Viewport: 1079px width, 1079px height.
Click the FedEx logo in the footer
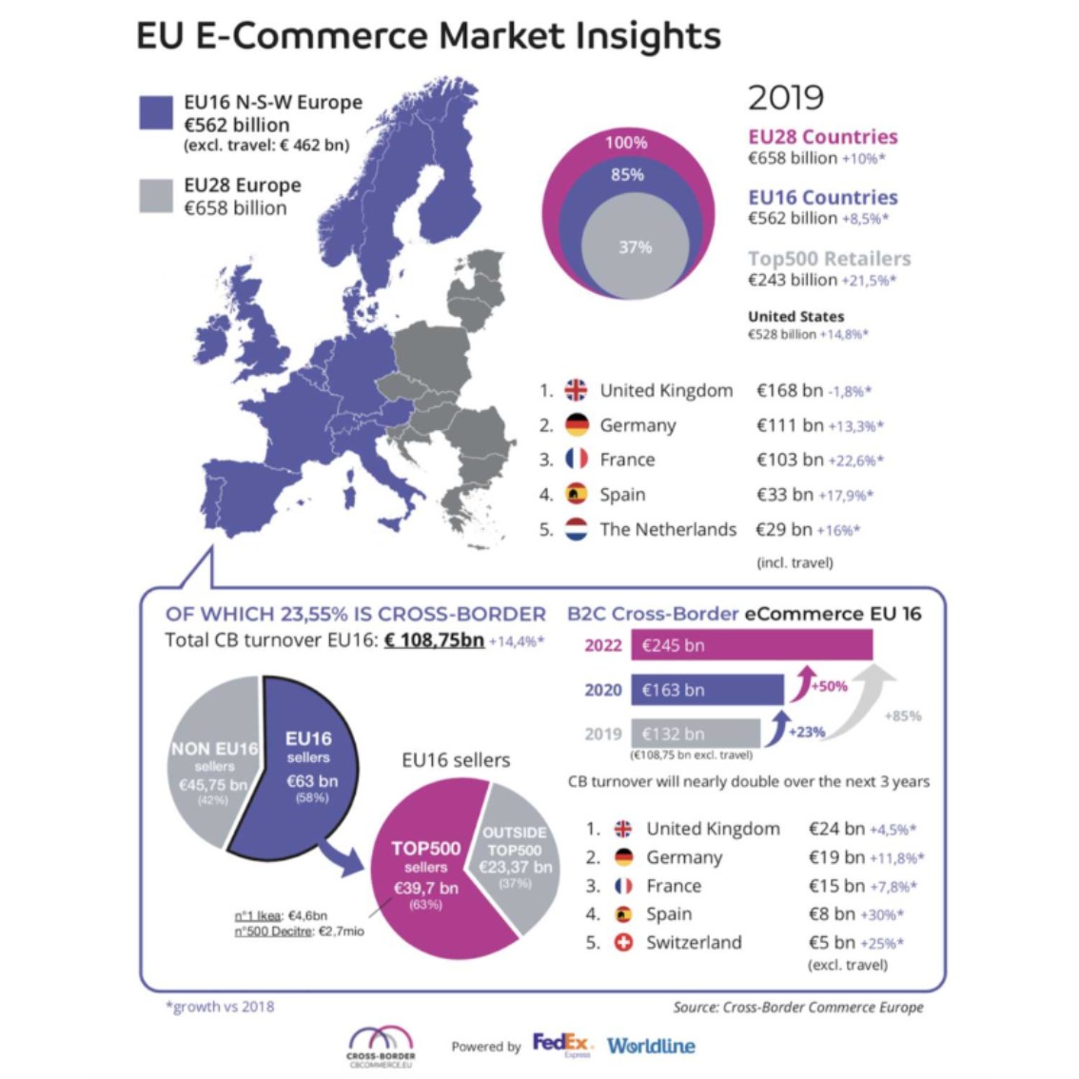click(561, 1044)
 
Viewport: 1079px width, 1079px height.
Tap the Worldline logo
click(651, 1046)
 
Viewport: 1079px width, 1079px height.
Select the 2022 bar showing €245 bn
click(752, 645)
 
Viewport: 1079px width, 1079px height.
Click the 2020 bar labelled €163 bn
click(706, 690)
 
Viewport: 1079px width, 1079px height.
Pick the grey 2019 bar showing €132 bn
click(695, 734)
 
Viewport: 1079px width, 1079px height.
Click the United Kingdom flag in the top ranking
click(577, 390)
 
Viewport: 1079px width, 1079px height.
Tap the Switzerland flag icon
click(623, 943)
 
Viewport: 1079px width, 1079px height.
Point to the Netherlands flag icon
click(577, 529)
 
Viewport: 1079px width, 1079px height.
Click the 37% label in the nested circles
click(635, 247)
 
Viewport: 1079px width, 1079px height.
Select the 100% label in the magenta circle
click(626, 143)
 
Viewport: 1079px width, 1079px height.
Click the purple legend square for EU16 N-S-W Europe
click(156, 111)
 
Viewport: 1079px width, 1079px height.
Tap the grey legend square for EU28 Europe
click(156, 196)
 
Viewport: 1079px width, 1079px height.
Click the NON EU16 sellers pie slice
click(211, 761)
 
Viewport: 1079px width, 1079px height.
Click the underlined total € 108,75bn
click(434, 639)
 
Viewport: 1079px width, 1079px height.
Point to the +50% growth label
click(830, 686)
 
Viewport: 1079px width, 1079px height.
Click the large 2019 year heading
click(786, 98)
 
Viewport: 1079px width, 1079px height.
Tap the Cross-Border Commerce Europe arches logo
click(381, 1040)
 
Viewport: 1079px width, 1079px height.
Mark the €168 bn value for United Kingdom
click(789, 390)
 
